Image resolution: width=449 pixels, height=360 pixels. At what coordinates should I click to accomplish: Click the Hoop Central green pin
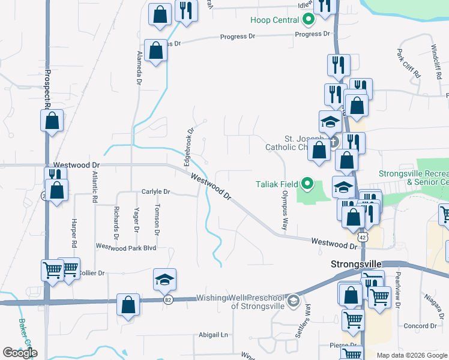(309, 20)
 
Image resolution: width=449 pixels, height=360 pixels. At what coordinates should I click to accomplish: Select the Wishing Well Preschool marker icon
(293, 299)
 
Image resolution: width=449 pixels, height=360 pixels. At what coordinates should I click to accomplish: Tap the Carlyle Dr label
(156, 192)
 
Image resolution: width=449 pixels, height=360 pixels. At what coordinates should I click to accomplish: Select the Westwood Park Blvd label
(126, 247)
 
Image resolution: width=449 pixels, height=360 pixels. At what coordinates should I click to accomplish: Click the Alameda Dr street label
(139, 67)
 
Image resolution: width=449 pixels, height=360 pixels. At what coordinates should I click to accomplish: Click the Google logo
(20, 353)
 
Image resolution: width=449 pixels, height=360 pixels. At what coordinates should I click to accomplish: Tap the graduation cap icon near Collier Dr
(164, 280)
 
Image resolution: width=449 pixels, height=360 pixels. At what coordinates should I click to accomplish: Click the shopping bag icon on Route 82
(128, 305)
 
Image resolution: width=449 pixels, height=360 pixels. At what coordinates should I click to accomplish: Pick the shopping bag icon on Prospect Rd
(52, 121)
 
